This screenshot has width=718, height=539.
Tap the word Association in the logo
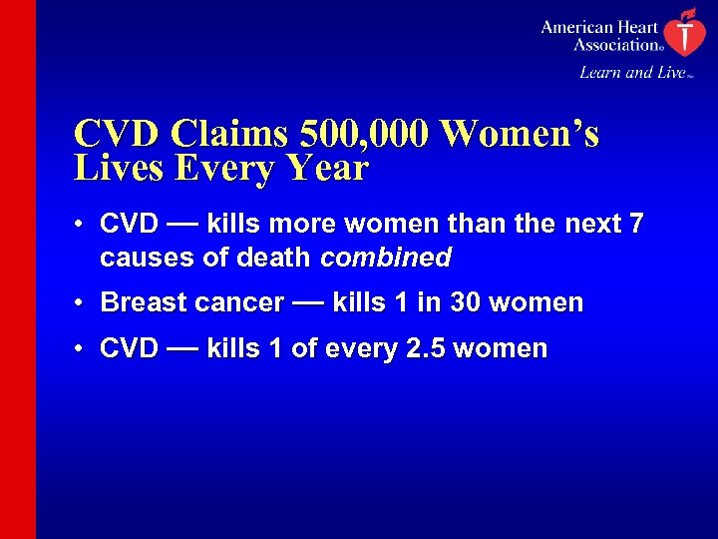coord(616,44)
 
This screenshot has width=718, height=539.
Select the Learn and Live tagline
coord(632,72)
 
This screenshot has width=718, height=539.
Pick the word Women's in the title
coord(520,134)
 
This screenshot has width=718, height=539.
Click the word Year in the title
coord(324,168)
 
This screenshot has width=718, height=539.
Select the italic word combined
coord(386,259)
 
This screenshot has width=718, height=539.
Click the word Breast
coord(145,302)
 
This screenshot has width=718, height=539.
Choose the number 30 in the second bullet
coord(466,302)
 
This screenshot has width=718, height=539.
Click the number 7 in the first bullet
coord(635,225)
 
